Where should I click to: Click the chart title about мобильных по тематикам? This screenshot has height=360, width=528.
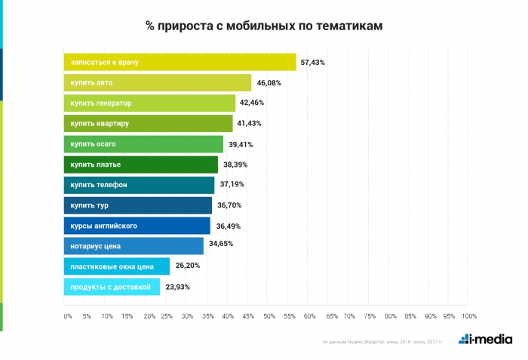click(264, 26)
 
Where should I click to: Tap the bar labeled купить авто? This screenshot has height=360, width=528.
click(156, 83)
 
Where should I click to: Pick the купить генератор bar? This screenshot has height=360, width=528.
click(149, 103)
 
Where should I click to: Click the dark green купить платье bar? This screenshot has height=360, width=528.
click(140, 165)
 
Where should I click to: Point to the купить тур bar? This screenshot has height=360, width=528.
click(137, 205)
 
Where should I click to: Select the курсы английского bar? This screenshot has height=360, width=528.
click(137, 226)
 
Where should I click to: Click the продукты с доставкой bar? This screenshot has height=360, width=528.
click(112, 287)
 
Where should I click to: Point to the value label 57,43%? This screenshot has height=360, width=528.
click(312, 63)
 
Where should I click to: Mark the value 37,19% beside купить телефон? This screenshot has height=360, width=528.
click(232, 185)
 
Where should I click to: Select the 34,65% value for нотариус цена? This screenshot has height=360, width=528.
click(221, 246)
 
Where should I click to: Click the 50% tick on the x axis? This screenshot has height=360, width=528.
click(269, 315)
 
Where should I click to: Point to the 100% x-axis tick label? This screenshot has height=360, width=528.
click(469, 315)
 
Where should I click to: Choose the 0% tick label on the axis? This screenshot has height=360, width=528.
click(67, 315)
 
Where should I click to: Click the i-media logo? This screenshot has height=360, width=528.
click(485, 340)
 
